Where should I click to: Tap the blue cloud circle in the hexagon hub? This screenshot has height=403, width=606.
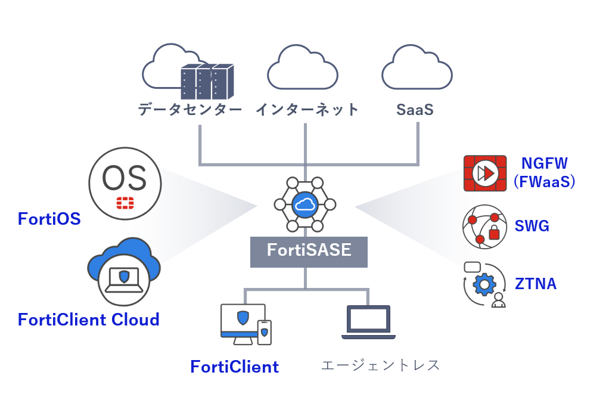[304, 204]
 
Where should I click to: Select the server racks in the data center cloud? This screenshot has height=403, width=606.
[207, 82]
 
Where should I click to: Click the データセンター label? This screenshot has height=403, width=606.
[190, 110]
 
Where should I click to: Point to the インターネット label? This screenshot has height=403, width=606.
[307, 110]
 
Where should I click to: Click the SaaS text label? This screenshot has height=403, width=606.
[415, 110]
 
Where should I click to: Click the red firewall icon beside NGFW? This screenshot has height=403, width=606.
[484, 173]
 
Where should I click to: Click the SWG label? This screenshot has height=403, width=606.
[532, 227]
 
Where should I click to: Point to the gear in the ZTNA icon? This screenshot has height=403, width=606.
[484, 285]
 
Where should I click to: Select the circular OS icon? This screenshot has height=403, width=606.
[125, 182]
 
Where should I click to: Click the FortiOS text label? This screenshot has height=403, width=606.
[49, 219]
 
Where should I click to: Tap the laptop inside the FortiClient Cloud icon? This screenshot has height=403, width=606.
[124, 280]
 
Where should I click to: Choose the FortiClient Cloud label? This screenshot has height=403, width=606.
[89, 320]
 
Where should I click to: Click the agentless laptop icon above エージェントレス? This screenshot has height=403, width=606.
[369, 323]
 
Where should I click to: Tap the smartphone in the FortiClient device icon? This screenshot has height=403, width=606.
[264, 332]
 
